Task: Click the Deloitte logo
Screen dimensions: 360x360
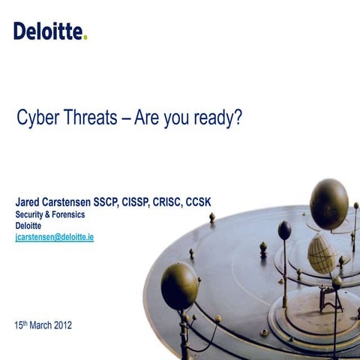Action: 49,31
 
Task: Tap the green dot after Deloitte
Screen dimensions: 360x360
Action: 85,37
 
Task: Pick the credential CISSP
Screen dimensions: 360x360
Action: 166,202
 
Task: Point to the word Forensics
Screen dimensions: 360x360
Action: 66,214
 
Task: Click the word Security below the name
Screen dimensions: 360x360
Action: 31,214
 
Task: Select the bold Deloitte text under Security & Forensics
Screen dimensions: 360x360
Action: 28,225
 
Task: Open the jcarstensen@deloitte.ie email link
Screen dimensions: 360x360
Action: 54,237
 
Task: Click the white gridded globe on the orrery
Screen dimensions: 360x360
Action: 321,253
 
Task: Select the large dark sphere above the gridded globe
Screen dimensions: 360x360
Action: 328,203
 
